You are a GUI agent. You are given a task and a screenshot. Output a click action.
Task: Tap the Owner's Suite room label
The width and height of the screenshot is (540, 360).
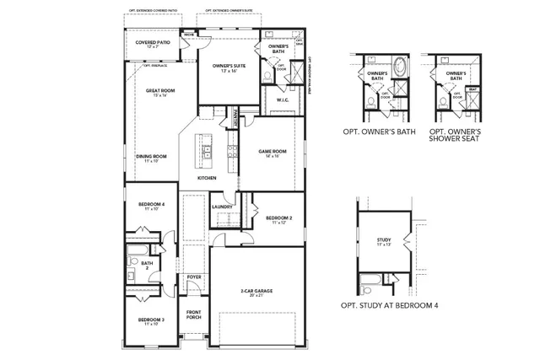point(228,65)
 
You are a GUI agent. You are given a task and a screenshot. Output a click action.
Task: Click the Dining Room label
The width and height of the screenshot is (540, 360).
point(152,156)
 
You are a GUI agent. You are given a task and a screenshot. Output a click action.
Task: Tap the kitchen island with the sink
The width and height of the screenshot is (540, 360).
point(205,153)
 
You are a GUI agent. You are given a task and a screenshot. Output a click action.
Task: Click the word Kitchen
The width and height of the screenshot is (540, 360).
point(207,178)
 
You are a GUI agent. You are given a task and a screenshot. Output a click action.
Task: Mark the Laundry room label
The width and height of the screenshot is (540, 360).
point(222,207)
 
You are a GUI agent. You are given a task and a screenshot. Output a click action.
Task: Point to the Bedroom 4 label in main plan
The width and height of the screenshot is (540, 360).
point(152,205)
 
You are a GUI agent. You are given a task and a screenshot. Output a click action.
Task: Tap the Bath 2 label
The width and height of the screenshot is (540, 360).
point(147,265)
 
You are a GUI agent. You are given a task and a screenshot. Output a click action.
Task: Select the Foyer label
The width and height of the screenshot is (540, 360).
point(194,277)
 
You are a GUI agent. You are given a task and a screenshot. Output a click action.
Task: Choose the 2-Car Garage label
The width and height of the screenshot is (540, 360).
point(256,291)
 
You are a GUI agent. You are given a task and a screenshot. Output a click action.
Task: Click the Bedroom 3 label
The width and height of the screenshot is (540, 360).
point(151,320)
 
